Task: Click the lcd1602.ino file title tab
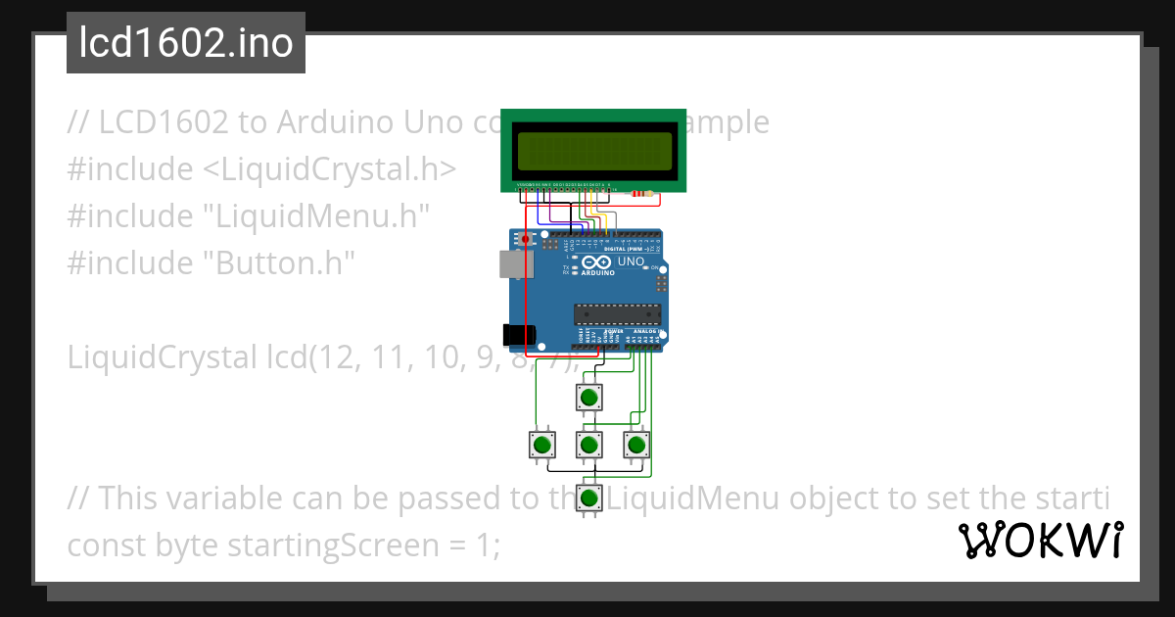click(x=186, y=44)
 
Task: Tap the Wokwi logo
click(x=1040, y=540)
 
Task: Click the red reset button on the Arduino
click(x=525, y=239)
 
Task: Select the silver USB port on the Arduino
click(x=510, y=262)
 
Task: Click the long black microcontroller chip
click(x=617, y=313)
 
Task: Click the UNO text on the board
click(x=631, y=262)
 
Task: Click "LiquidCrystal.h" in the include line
click(x=329, y=169)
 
